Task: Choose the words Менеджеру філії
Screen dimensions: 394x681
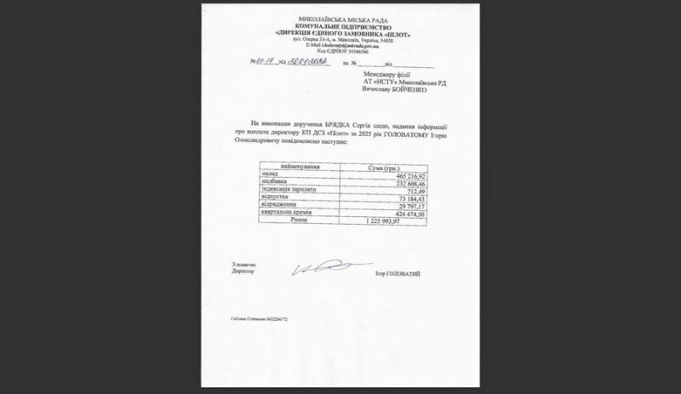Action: tap(383, 75)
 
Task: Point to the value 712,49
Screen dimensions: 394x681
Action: tap(413, 191)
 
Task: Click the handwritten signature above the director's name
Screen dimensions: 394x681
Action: tap(320, 269)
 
